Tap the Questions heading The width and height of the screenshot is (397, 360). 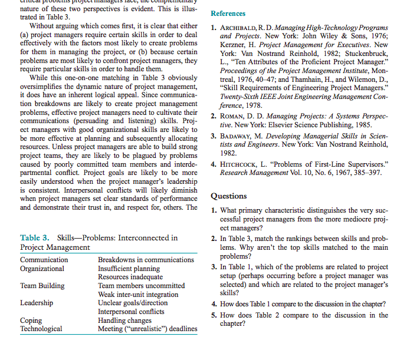[229, 196]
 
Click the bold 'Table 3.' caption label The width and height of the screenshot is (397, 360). [35, 238]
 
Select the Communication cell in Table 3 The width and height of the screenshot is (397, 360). [44, 260]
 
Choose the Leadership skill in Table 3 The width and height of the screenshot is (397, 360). [37, 303]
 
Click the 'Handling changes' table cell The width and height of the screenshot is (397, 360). [124, 321]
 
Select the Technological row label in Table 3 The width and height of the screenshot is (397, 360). [41, 329]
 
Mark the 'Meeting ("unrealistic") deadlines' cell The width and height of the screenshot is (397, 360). [147, 329]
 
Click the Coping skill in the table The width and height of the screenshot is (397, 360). [31, 321]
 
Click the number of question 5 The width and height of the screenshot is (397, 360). [214, 315]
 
